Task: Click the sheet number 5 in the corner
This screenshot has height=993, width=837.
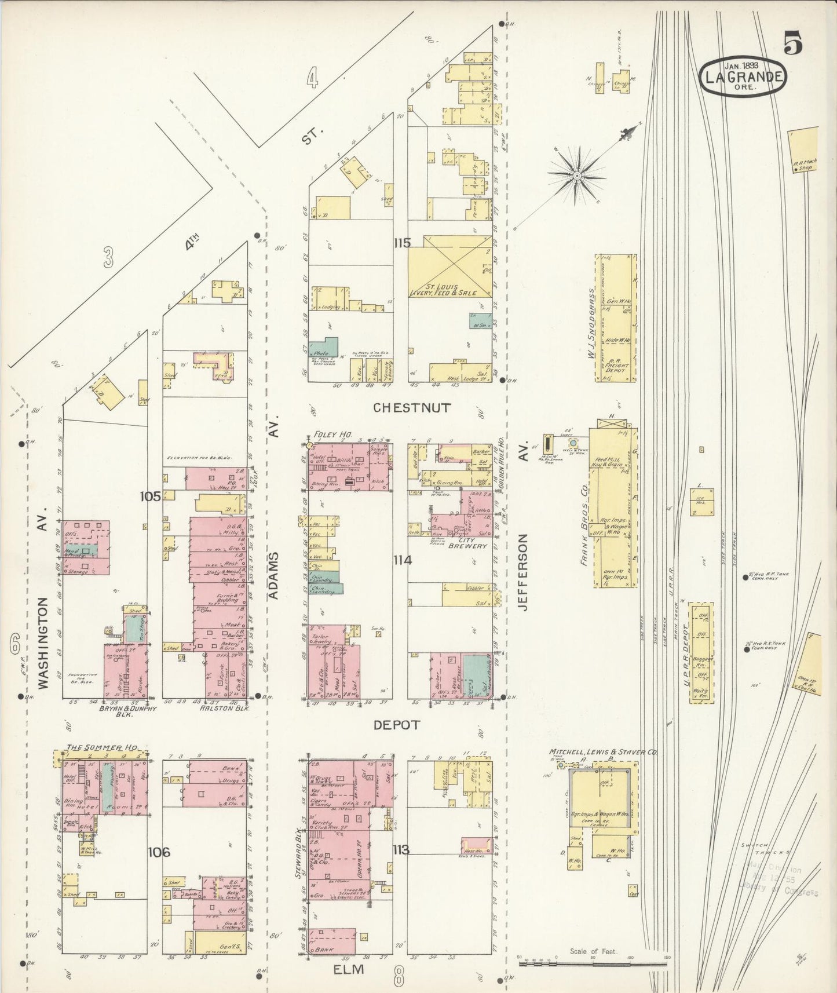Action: (x=794, y=43)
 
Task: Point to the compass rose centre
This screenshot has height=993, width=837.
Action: (x=577, y=174)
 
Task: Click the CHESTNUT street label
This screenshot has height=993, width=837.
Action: (x=411, y=407)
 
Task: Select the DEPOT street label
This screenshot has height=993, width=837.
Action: (x=397, y=725)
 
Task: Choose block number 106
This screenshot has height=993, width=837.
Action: (x=158, y=852)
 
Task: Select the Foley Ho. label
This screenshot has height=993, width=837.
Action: (x=329, y=435)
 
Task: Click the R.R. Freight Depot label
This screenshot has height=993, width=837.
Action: (x=616, y=366)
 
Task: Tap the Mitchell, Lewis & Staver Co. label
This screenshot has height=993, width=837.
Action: (x=602, y=752)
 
